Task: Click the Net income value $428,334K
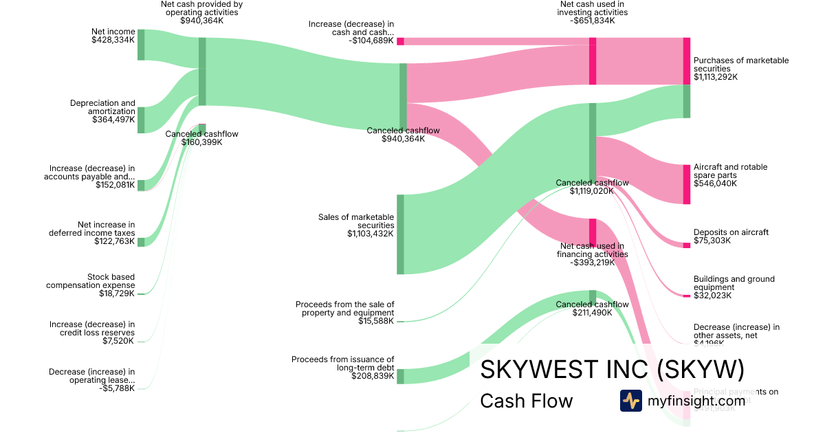(113, 40)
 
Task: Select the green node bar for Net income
(141, 45)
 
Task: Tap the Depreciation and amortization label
(102, 107)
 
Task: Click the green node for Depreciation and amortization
(141, 120)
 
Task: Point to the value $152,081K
(115, 185)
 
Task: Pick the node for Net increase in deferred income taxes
(141, 242)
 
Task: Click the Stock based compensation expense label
(91, 281)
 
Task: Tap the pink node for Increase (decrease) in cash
(400, 41)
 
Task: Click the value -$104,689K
(371, 41)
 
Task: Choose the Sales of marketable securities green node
(400, 234)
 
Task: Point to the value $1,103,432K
(371, 234)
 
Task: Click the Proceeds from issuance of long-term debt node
(400, 376)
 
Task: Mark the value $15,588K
(376, 321)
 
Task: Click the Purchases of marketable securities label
(741, 65)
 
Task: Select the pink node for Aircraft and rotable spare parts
(686, 184)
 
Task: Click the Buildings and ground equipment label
(734, 283)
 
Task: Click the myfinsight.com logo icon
(630, 401)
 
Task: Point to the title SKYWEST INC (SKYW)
(612, 369)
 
